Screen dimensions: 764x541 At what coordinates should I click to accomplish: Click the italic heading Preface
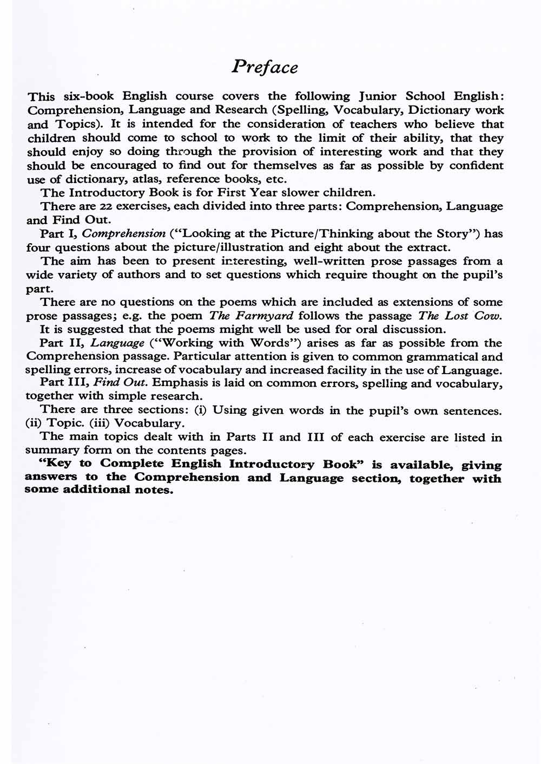coord(265,67)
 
